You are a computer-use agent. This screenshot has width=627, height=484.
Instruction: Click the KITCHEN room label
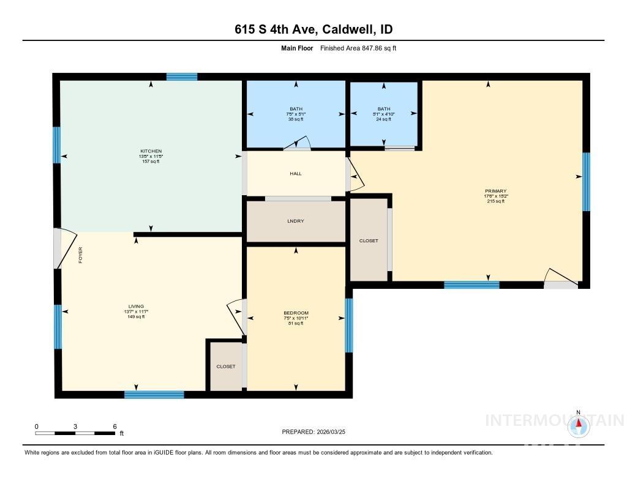[151, 151]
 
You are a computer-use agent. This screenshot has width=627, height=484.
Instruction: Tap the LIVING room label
[136, 307]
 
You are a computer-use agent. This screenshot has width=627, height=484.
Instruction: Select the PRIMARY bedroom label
[495, 191]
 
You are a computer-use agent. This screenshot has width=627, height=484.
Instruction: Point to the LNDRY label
[296, 221]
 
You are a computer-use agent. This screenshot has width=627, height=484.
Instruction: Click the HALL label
[296, 174]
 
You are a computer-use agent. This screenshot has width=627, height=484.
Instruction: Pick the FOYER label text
[80, 255]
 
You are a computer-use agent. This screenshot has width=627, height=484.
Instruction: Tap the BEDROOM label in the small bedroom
[296, 313]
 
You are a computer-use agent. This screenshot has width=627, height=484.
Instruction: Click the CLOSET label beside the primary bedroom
[369, 241]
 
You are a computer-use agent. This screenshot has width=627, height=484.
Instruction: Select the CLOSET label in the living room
[226, 367]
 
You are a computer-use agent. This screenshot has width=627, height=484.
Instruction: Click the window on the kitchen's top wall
[182, 77]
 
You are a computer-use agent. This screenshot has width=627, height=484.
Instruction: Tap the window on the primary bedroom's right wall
[585, 181]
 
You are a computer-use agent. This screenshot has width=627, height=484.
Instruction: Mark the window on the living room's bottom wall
[154, 395]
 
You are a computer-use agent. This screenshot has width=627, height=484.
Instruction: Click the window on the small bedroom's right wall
[348, 326]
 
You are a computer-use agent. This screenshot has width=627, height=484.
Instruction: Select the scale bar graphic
[75, 433]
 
